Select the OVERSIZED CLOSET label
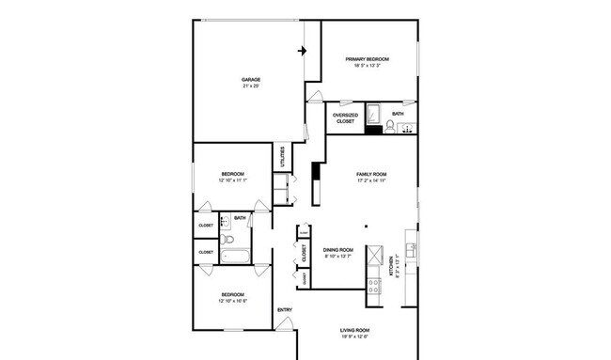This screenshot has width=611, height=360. [345, 118]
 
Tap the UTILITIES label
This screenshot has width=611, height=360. [282, 155]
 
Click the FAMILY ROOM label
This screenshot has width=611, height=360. [371, 175]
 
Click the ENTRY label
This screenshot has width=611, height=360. [284, 311]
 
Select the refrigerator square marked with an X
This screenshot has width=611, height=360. [373, 257]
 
